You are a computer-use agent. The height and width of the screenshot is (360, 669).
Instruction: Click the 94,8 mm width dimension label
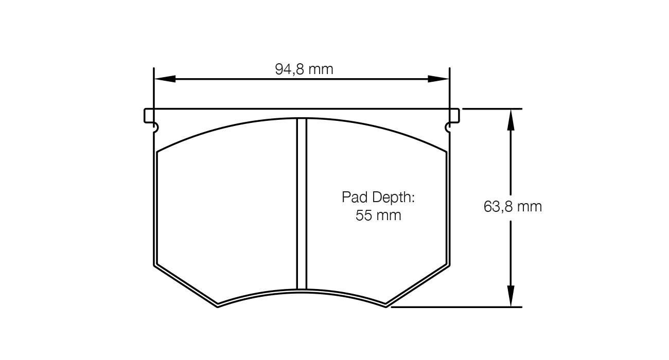coord(304,69)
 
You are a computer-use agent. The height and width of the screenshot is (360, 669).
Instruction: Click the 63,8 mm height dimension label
coord(513,207)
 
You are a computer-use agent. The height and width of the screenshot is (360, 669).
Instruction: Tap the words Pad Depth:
coord(378,197)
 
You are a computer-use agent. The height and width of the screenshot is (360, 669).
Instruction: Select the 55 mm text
coord(378,215)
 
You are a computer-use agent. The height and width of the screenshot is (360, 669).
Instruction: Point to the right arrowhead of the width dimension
coord(438,79)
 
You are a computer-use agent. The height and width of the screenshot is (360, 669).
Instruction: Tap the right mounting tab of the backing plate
coord(454,116)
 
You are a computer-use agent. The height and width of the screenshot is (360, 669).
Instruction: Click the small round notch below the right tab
coord(447,127)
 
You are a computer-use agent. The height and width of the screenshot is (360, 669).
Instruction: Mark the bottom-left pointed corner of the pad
coord(218,305)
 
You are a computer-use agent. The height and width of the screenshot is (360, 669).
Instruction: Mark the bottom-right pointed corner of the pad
coord(386,305)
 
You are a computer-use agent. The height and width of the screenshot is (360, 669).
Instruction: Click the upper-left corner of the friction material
coord(157,152)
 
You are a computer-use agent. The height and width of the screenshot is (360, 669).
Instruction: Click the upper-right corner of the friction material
coord(446,152)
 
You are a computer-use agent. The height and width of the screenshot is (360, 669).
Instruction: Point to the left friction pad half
coord(226,216)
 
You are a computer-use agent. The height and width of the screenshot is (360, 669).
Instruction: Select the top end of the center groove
coord(302,119)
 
